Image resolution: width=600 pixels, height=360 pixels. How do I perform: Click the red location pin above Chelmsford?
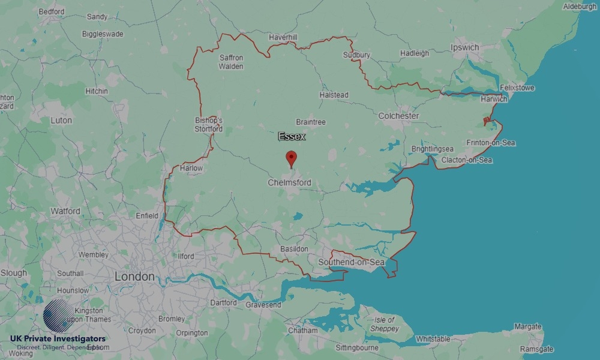(292, 159)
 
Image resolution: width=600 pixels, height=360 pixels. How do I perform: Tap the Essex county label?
(292, 137)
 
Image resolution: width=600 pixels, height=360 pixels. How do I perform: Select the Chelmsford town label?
(289, 182)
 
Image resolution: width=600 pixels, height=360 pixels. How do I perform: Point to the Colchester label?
(398, 115)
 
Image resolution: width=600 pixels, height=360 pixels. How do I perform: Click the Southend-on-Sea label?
(351, 262)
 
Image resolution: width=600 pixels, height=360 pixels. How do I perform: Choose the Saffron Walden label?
(231, 62)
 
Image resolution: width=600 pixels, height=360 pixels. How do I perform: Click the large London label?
(134, 277)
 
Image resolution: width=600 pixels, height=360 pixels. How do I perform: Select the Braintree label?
(311, 122)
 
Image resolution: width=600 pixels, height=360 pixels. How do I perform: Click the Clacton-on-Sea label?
(466, 160)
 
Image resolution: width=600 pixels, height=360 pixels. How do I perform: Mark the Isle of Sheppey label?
(385, 324)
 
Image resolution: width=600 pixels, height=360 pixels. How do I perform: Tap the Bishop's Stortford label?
(208, 124)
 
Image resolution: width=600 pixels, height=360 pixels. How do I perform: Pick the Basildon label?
(294, 248)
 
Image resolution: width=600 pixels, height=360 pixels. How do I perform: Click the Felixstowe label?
(517, 88)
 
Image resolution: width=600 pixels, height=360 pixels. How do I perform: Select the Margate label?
(527, 327)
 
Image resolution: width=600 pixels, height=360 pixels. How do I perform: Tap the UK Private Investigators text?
(58, 338)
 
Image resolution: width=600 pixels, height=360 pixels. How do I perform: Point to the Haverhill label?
(283, 37)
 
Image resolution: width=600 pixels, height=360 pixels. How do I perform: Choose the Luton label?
(61, 120)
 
